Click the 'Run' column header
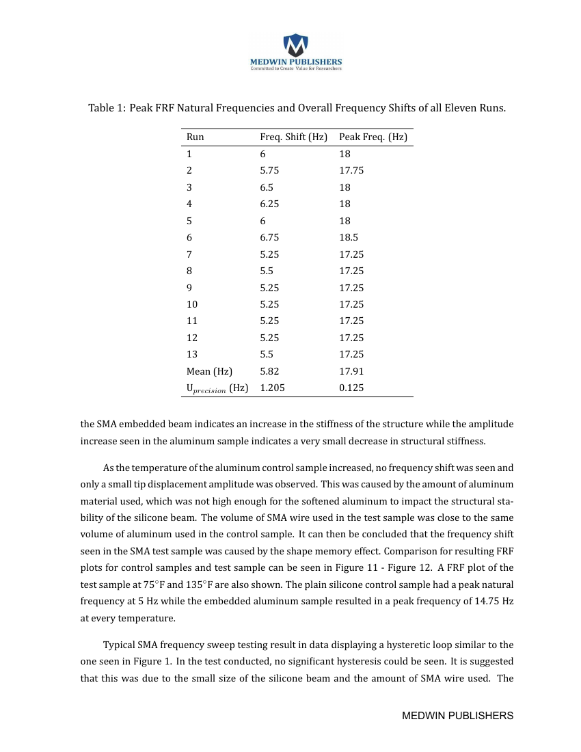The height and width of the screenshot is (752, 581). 195,137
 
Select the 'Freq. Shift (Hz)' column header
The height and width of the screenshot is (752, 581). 293,137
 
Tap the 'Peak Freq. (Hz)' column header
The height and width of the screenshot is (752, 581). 373,137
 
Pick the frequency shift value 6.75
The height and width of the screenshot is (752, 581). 269,238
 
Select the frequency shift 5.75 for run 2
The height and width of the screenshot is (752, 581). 269,171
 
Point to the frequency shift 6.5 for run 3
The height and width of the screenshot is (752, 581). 267,187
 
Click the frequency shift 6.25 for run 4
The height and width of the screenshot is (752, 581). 269,204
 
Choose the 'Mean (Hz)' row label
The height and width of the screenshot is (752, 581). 209,372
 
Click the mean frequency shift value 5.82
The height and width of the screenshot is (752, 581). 269,372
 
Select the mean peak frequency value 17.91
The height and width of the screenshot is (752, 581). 351,372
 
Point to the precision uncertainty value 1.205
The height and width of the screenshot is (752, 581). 272,388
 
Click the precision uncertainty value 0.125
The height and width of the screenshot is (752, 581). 351,388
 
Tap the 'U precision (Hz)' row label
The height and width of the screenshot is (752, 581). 217,388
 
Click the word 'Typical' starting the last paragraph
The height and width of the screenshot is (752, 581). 120,645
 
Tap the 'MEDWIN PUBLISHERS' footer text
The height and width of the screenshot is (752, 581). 457,715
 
